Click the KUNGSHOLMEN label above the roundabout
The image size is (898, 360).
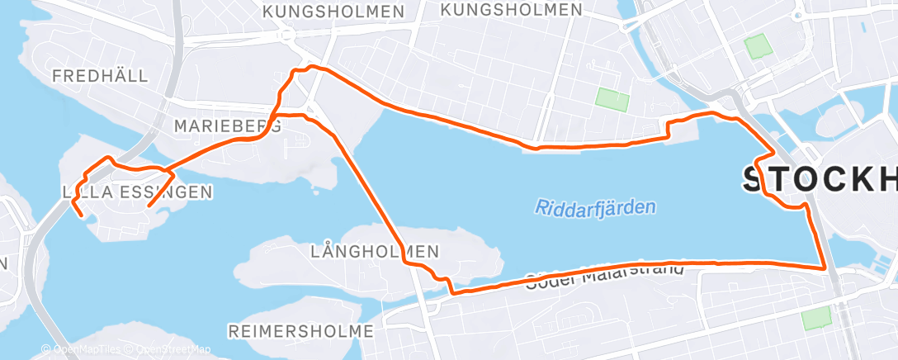[x=333, y=12]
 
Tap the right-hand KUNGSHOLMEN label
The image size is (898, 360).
[x=511, y=10]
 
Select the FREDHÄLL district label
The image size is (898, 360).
[x=100, y=76]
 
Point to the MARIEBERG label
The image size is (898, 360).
[x=228, y=126]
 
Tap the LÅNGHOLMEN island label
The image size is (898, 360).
[x=375, y=250]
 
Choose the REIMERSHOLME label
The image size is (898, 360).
[x=300, y=331]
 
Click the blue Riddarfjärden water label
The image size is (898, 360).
[x=595, y=206]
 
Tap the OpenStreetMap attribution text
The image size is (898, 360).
[x=173, y=349]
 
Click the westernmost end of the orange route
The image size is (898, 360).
[x=81, y=216]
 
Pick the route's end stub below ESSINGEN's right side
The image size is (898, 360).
[x=149, y=205]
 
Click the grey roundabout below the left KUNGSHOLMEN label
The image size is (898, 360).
[x=288, y=36]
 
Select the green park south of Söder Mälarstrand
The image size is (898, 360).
[x=816, y=318]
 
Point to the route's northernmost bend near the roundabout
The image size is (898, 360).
[x=310, y=67]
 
